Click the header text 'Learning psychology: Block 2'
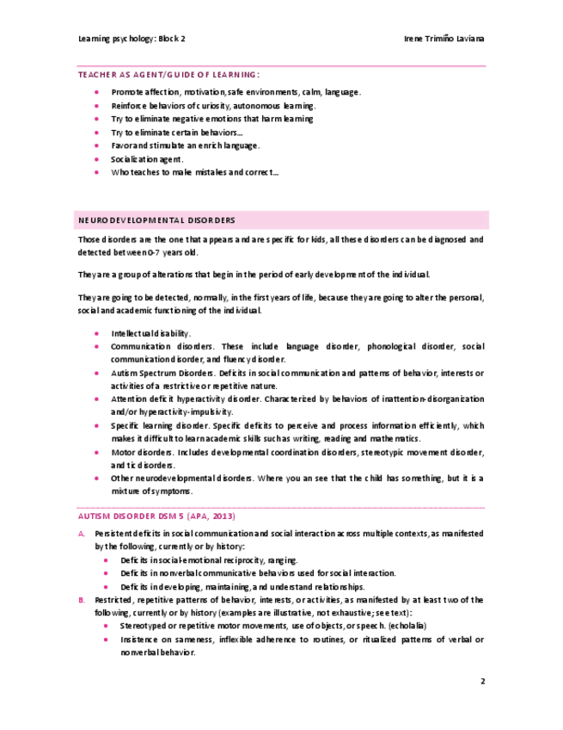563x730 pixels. pyautogui.click(x=132, y=40)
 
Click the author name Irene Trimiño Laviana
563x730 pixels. pyautogui.click(x=444, y=40)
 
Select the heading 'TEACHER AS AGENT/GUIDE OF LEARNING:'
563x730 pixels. pyautogui.click(x=168, y=75)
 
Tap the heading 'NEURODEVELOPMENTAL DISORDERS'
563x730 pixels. pyautogui.click(x=156, y=220)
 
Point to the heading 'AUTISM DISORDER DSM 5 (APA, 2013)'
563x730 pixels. pyautogui.click(x=156, y=516)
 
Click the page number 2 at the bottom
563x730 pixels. pyautogui.click(x=482, y=681)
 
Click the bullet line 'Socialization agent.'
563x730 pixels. pyautogui.click(x=147, y=159)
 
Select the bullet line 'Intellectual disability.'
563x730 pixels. pyautogui.click(x=150, y=333)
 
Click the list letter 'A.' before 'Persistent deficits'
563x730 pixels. pyautogui.click(x=82, y=534)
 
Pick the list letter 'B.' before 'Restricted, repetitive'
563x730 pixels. pyautogui.click(x=82, y=599)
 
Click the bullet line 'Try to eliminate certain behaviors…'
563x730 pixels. pyautogui.click(x=177, y=133)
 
